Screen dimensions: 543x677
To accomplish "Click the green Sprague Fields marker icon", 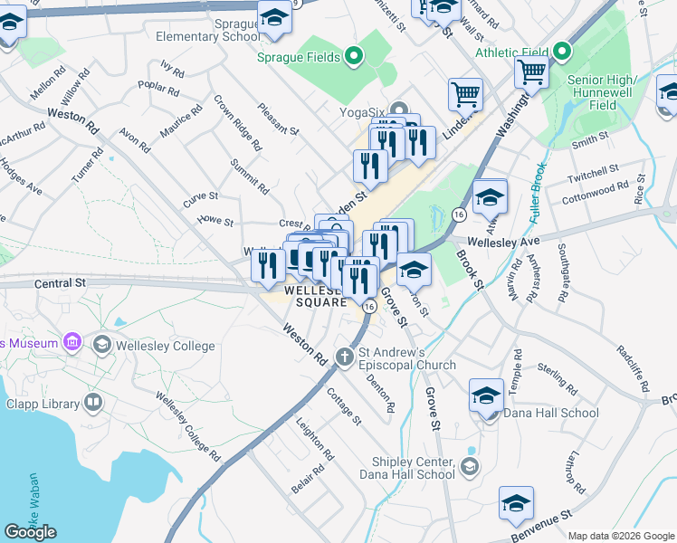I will [x=355, y=57].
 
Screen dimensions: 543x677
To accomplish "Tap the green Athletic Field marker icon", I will [x=562, y=51].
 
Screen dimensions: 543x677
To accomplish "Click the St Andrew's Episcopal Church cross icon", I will [x=344, y=357].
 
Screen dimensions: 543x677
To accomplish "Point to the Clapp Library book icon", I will [x=92, y=402].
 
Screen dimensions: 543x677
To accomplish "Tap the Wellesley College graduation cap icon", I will [x=101, y=346].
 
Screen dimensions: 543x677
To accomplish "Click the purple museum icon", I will [x=72, y=342].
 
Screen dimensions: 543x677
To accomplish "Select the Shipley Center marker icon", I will [x=469, y=466].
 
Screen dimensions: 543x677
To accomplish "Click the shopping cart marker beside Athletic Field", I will [x=531, y=71].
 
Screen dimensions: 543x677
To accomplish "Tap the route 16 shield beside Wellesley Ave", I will [x=460, y=214].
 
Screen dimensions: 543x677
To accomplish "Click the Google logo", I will [x=30, y=531].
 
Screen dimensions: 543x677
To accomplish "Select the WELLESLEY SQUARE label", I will [x=316, y=296].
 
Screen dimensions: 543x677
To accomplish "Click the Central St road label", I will [x=60, y=282].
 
